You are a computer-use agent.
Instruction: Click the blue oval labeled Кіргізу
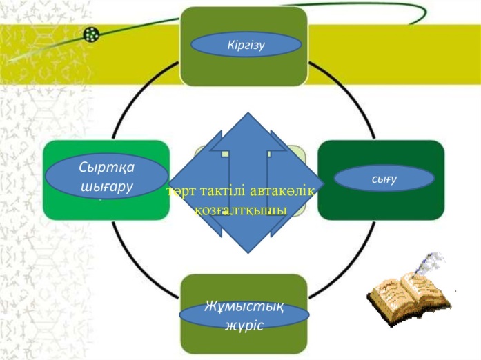coord(246,45)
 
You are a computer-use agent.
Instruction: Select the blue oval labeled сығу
coord(384,178)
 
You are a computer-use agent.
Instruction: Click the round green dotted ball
coord(90,34)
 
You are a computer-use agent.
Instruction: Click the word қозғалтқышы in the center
coord(240,209)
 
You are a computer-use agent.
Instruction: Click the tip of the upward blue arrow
coord(247,116)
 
